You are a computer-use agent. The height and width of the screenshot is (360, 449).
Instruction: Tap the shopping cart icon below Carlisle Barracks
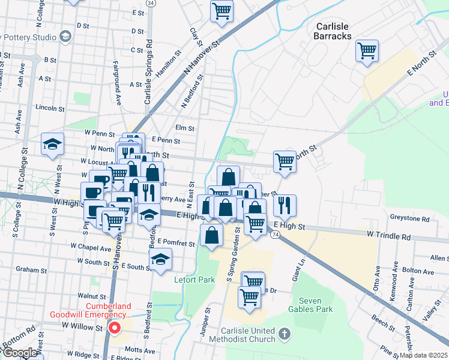coord(366,50)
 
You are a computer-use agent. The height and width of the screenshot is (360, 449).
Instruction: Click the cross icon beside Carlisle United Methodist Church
coord(285,333)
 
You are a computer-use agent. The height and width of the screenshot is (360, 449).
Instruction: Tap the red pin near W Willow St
coord(114,328)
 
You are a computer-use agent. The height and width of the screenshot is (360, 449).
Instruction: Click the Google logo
coord(20,353)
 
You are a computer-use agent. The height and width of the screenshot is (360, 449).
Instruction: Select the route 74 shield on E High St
coord(274,235)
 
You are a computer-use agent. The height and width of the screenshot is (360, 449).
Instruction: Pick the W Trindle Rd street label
coord(388,236)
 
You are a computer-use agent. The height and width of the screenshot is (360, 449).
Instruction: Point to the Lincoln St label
coord(50,108)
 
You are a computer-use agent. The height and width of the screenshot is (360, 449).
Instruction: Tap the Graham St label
coord(27,269)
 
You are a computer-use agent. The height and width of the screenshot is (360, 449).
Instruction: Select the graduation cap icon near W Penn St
coord(52,144)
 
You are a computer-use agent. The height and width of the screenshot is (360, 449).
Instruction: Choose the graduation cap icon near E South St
coord(159,259)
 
